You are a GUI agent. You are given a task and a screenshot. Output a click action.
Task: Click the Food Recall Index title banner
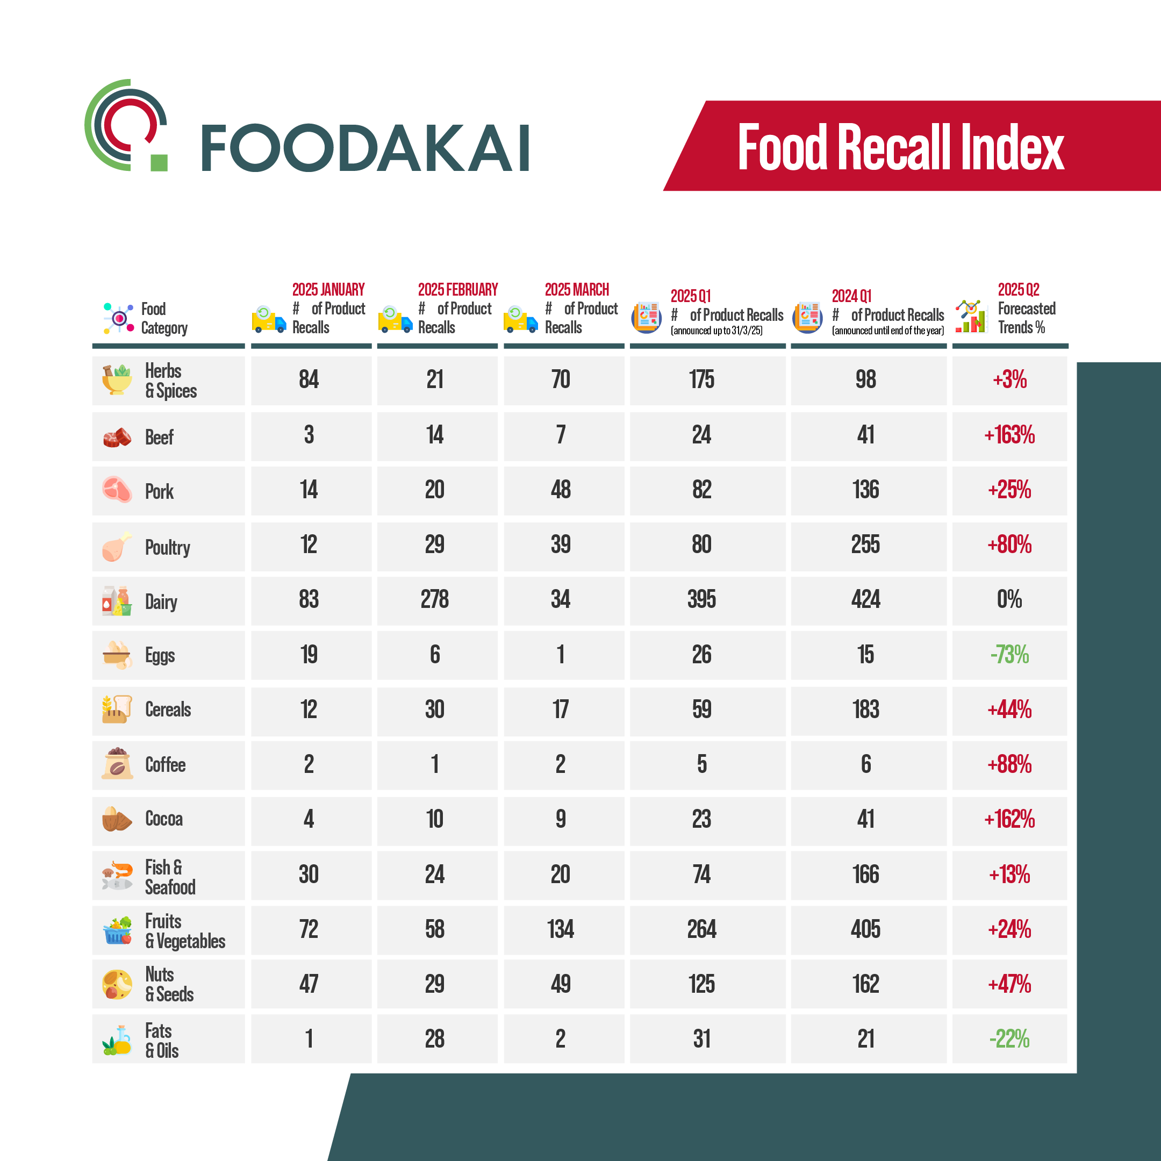coord(900,147)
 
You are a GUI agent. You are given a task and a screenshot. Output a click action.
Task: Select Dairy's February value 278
coord(434,599)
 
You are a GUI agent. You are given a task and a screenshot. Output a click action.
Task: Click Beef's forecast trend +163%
coord(1009,435)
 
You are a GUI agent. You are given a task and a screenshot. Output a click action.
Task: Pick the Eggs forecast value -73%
coord(1009,655)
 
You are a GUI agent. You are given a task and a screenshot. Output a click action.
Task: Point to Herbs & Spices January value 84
coord(309,379)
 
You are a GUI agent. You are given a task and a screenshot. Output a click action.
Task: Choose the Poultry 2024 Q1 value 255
coord(865,544)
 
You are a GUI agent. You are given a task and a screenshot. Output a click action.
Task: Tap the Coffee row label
coord(165,764)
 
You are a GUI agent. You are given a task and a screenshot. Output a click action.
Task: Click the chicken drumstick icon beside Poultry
coord(117,546)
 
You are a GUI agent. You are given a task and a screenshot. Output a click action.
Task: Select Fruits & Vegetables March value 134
coord(560,929)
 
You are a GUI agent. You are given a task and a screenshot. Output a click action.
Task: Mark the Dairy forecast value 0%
coord(1009,599)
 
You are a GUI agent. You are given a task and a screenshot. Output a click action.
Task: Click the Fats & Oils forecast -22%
coord(1009,1038)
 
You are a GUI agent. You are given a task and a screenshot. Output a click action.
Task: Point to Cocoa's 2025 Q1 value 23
coord(701,819)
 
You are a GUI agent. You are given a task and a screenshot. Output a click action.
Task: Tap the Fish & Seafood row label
coord(169,877)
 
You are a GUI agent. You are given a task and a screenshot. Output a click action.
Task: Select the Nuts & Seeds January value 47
coord(309,984)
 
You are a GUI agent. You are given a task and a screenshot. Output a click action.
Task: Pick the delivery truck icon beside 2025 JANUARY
coord(269,319)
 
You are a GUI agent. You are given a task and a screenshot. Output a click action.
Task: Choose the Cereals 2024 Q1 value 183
coord(865,709)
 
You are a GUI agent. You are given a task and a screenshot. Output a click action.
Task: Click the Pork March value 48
coord(560,490)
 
